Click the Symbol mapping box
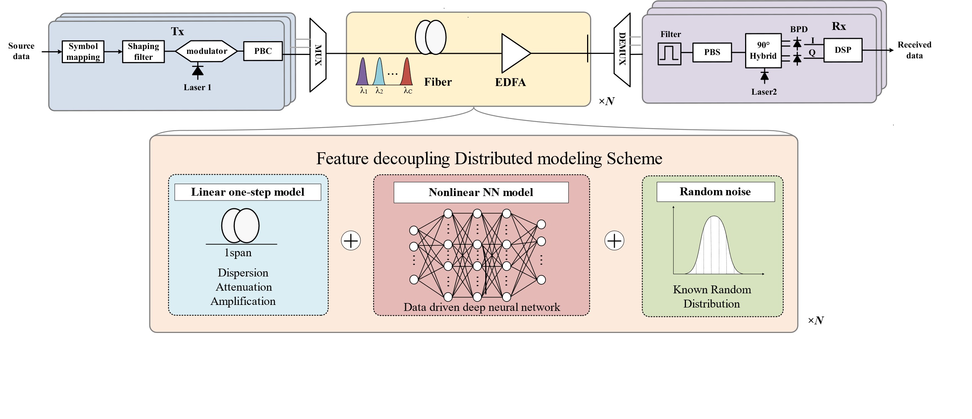[x=83, y=52]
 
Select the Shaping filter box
[x=143, y=52]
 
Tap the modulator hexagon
[x=206, y=51]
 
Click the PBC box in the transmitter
[x=263, y=51]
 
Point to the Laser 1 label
[x=197, y=88]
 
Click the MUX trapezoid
[x=318, y=55]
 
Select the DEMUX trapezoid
[x=622, y=49]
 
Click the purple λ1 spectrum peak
[x=362, y=72]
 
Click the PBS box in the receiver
[x=712, y=52]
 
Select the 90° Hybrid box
[x=763, y=51]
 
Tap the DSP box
[x=842, y=50]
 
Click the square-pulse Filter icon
[x=669, y=54]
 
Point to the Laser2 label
[x=764, y=92]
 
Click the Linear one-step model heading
[x=247, y=192]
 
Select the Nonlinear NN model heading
[x=481, y=192]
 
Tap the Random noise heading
[x=715, y=192]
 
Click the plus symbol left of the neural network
[x=351, y=241]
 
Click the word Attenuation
[x=244, y=287]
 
